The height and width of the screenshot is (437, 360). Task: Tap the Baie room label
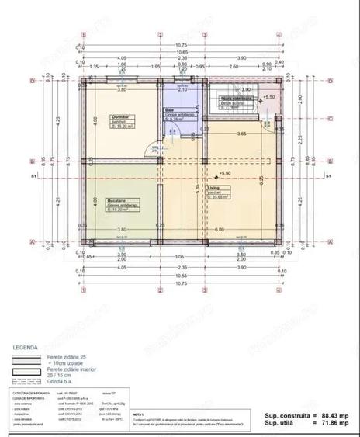pyautogui.click(x=168, y=110)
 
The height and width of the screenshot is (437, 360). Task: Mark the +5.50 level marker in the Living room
pyautogui.click(x=226, y=173)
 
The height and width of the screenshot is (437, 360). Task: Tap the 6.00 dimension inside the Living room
pyautogui.click(x=220, y=230)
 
